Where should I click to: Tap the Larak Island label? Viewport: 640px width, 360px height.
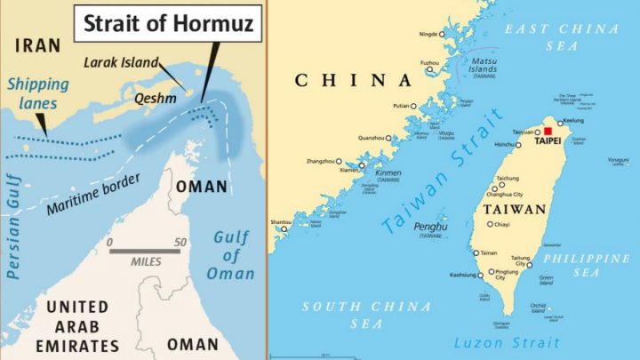122,62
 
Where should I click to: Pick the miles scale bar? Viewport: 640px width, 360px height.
145,251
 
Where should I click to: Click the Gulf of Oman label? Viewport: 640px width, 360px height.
232,255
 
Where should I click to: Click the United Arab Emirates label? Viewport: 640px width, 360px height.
76,324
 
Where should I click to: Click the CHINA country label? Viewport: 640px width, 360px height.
353,80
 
